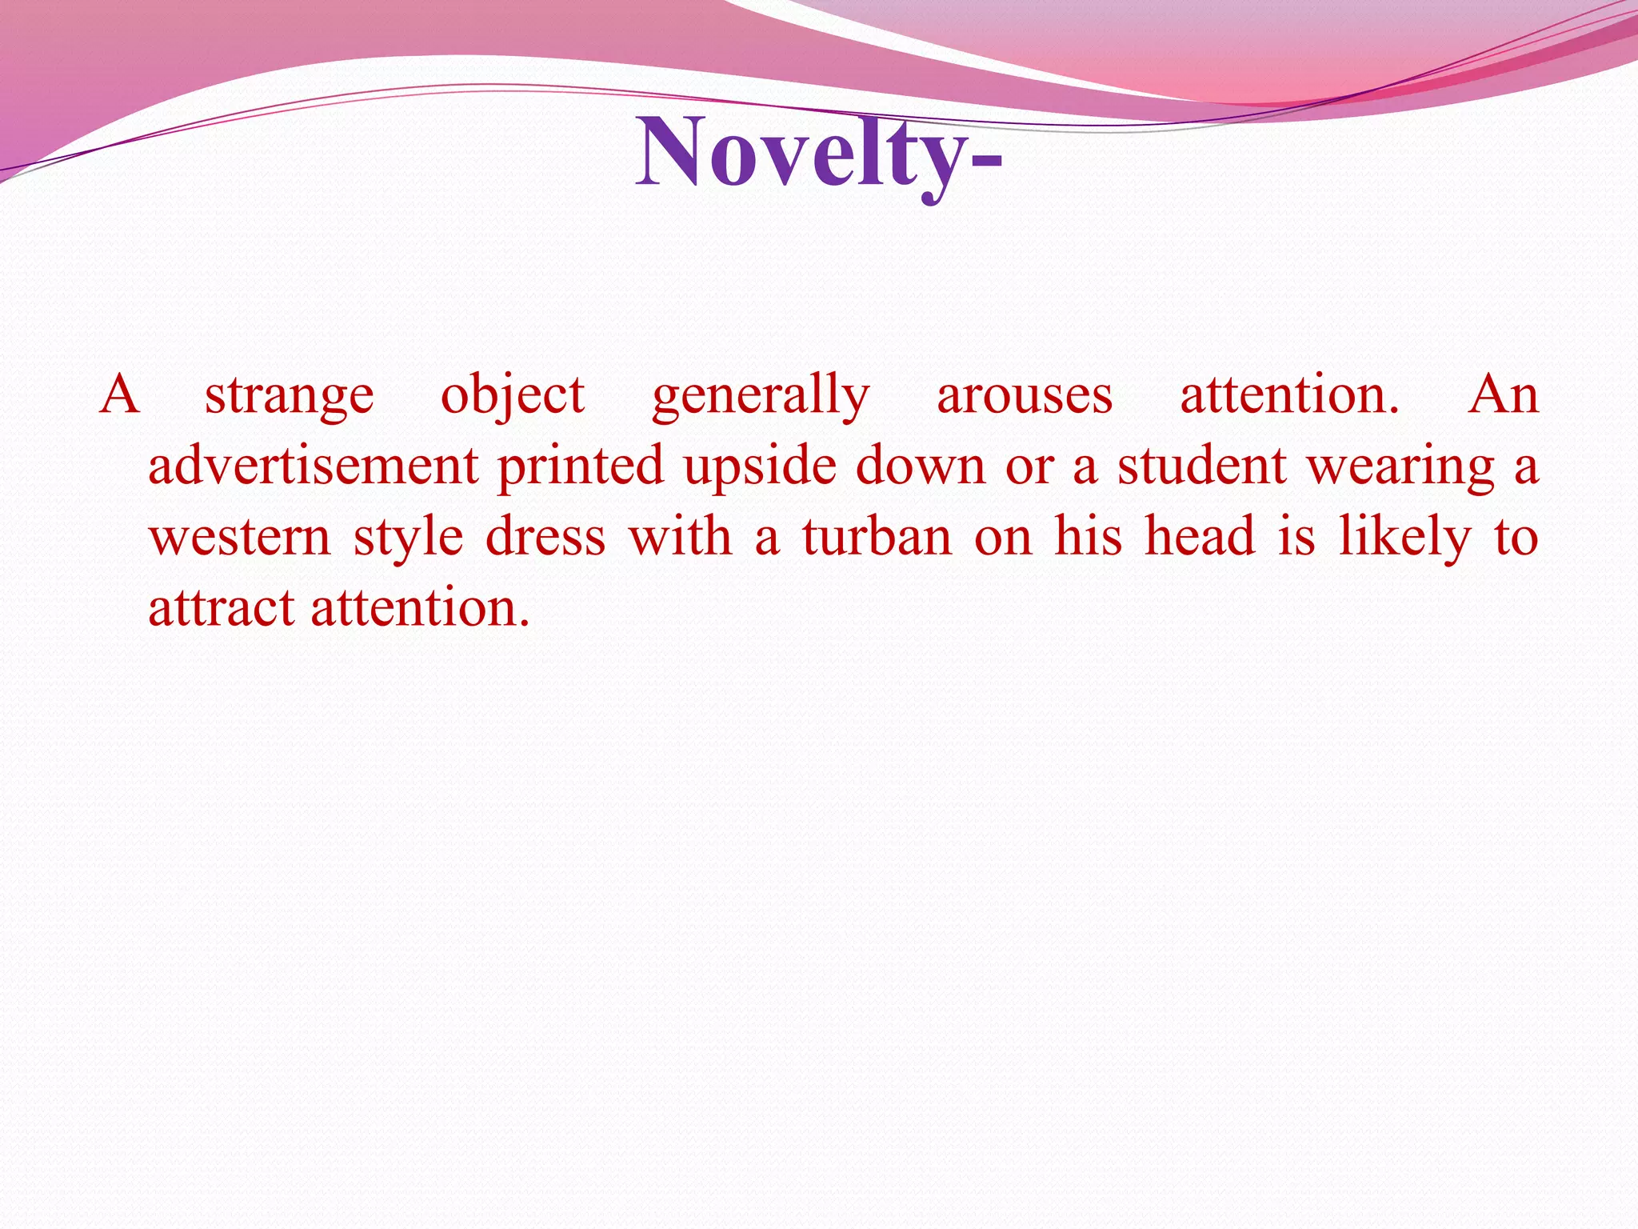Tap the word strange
tap(289, 395)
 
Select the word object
tap(513, 395)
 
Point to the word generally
tap(761, 395)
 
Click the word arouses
tap(1025, 395)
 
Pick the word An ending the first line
tap(1503, 395)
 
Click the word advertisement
tap(314, 466)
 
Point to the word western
tap(240, 536)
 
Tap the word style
tap(408, 536)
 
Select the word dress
tap(546, 536)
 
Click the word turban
tap(877, 536)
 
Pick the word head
tap(1200, 536)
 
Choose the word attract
tap(222, 607)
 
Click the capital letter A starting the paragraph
tap(120, 395)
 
